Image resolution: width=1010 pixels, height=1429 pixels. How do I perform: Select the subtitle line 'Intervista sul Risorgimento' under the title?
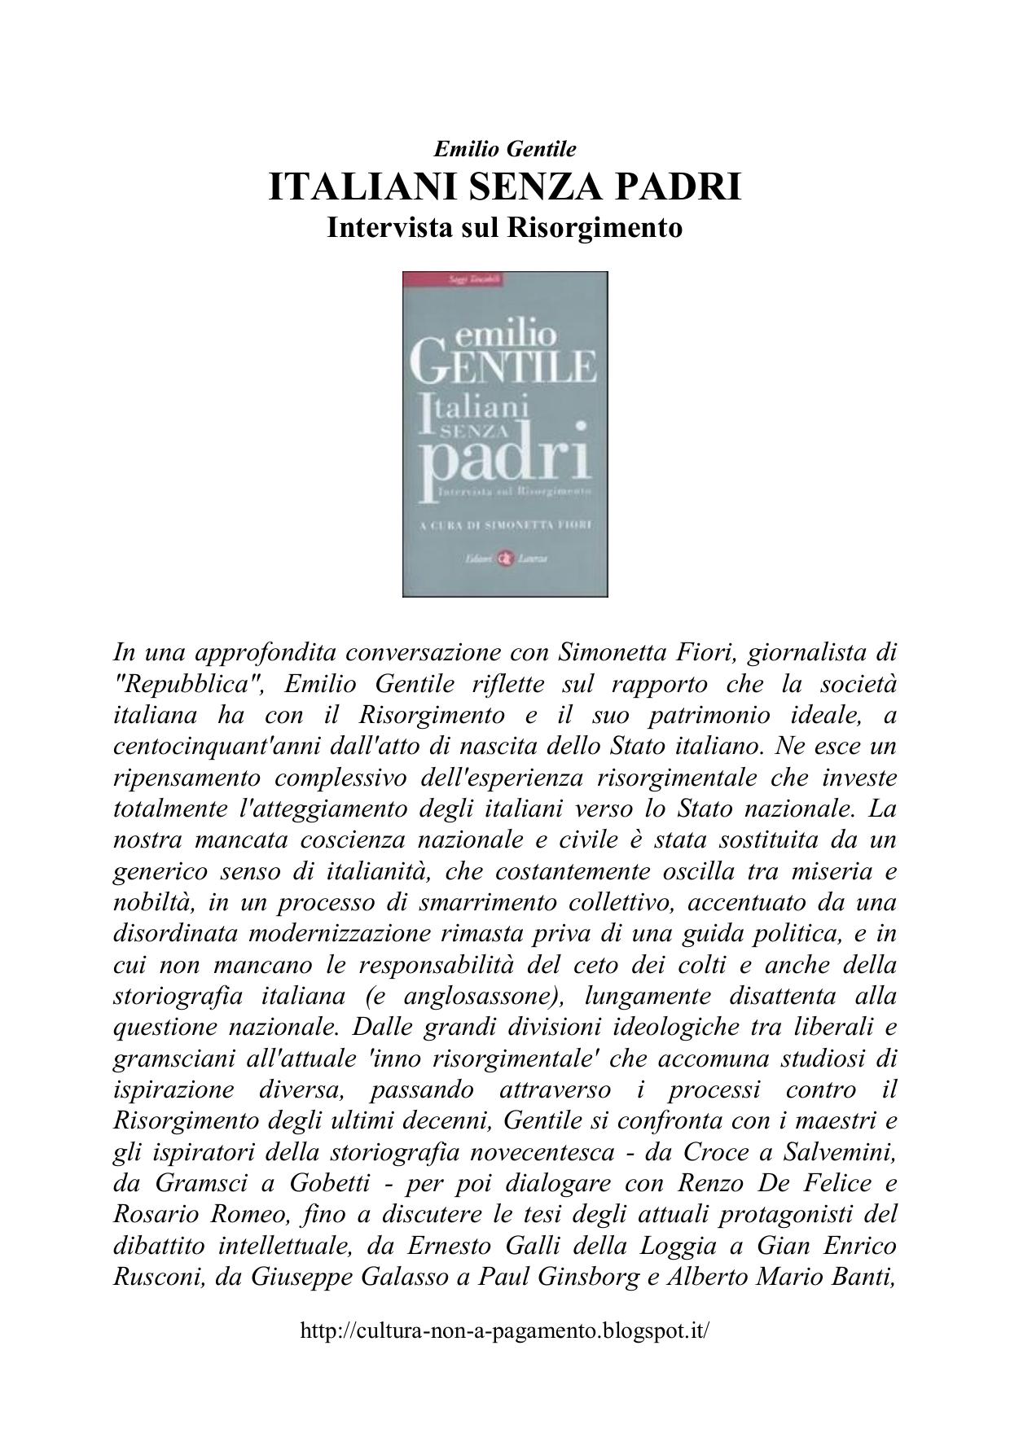coord(504,227)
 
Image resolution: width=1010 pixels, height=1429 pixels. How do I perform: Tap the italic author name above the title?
coord(504,149)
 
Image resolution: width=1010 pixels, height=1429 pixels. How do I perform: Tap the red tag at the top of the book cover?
coord(454,278)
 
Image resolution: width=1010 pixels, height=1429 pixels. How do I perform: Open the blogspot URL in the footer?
coord(505,1331)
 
